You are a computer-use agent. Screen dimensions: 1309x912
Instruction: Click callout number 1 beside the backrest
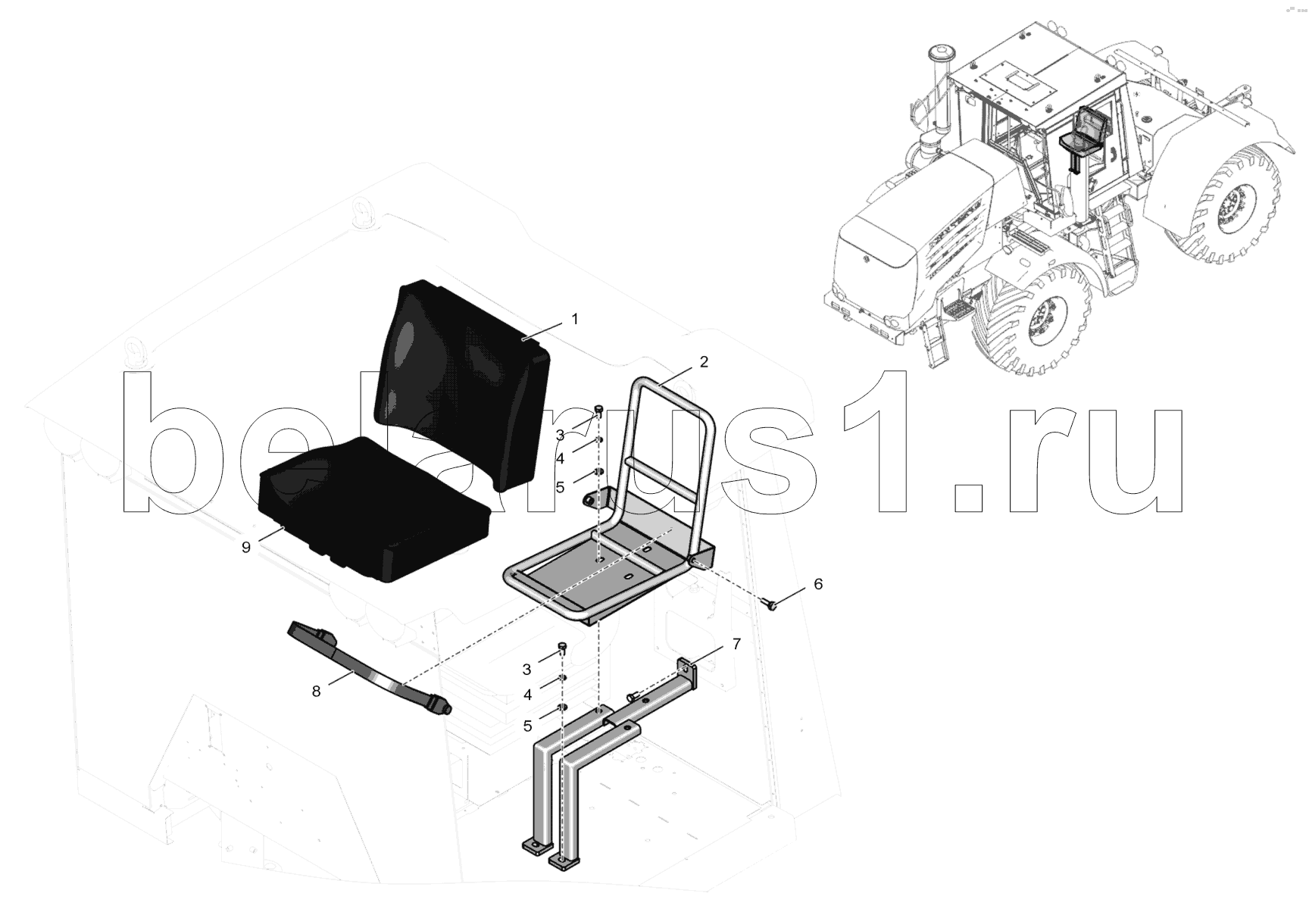(575, 320)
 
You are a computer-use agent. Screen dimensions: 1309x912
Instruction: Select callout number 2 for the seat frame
(704, 362)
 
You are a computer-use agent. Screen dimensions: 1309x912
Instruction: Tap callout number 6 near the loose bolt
(817, 584)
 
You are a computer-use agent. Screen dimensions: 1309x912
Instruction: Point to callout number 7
(736, 645)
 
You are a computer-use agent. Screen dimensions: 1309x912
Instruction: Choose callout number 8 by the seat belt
(316, 691)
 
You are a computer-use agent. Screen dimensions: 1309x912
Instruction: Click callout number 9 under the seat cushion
(246, 548)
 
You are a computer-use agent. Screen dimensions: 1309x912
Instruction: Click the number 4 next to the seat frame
(560, 459)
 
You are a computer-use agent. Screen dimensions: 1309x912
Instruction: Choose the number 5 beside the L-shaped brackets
(527, 726)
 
